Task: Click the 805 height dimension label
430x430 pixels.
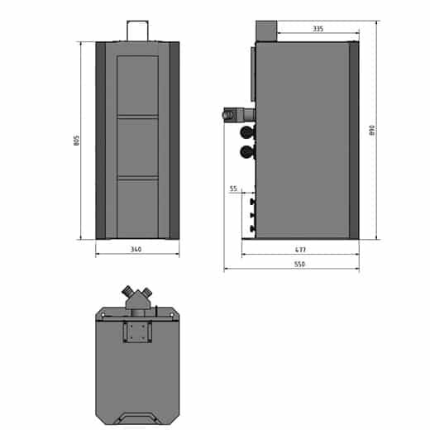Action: point(76,141)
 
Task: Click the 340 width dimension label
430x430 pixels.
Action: point(136,250)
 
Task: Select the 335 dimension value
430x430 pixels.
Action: point(318,29)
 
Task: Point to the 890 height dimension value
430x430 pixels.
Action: point(372,130)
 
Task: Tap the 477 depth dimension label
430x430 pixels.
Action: point(300,250)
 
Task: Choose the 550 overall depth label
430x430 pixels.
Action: point(299,264)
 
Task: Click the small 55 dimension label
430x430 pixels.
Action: point(233,189)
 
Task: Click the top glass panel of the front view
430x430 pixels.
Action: point(137,85)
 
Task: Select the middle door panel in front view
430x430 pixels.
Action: point(137,147)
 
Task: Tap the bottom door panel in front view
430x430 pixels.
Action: point(137,208)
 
